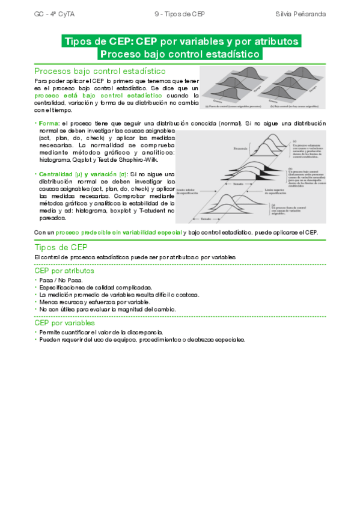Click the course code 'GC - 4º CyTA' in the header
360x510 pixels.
pyautogui.click(x=52, y=13)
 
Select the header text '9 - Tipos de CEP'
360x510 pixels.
pyautogui.click(x=180, y=13)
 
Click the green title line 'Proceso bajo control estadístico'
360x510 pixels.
pyautogui.click(x=181, y=54)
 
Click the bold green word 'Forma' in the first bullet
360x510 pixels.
pyautogui.click(x=48, y=123)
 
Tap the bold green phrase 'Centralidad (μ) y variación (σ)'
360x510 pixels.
pyautogui.click(x=78, y=174)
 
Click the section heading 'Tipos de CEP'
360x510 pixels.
pyautogui.click(x=61, y=247)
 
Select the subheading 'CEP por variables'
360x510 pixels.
pyautogui.click(x=65, y=323)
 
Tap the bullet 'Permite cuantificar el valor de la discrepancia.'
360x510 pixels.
pyautogui.click(x=101, y=332)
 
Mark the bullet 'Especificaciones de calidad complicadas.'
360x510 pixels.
pyautogui.click(x=96, y=287)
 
